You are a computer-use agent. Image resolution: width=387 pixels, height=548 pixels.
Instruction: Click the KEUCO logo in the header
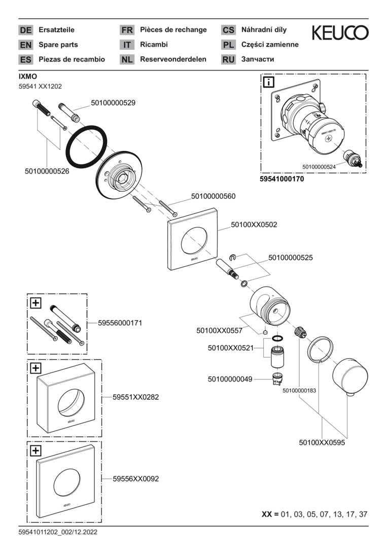pyautogui.click(x=340, y=33)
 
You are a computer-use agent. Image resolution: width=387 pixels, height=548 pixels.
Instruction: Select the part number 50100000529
pyautogui.click(x=113, y=103)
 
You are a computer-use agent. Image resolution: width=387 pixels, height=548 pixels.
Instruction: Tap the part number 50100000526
pyautogui.click(x=47, y=172)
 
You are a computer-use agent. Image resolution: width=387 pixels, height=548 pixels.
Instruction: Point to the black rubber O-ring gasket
pyautogui.click(x=87, y=146)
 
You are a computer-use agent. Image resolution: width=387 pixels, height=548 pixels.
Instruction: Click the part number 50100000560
pyautogui.click(x=213, y=196)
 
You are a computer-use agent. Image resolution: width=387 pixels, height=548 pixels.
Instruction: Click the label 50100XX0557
pyautogui.click(x=219, y=330)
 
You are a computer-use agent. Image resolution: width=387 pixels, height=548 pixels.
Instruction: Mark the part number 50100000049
pyautogui.click(x=230, y=379)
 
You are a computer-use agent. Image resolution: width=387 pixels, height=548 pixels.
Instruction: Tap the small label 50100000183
pyautogui.click(x=299, y=390)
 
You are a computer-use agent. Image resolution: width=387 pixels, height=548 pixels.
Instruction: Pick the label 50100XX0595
pyautogui.click(x=322, y=442)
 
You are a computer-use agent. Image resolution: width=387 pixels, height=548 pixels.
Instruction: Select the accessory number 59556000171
pyautogui.click(x=120, y=323)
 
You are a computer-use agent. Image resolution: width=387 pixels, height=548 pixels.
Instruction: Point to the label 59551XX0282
pyautogui.click(x=135, y=397)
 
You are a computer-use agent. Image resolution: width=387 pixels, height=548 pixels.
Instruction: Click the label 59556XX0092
pyautogui.click(x=135, y=478)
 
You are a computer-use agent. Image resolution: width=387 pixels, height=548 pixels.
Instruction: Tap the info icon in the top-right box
pyautogui.click(x=268, y=82)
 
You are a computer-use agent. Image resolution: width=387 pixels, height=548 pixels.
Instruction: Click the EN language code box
pyautogui.click(x=25, y=45)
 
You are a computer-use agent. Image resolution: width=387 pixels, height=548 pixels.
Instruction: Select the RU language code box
pyautogui.click(x=228, y=59)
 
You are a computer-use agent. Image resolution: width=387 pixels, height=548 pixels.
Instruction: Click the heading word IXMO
pyautogui.click(x=28, y=76)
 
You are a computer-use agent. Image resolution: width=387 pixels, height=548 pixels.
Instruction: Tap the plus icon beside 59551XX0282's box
pyautogui.click(x=36, y=368)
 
